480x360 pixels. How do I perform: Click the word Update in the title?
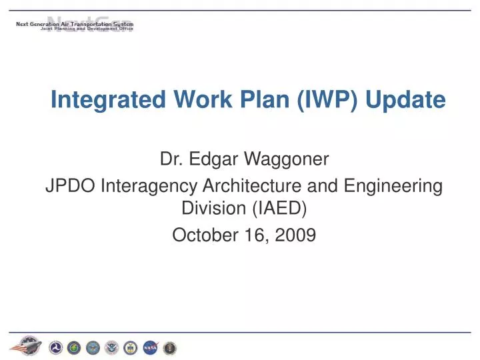(411, 100)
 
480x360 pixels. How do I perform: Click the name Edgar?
(209, 159)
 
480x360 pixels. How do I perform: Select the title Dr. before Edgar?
(171, 159)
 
